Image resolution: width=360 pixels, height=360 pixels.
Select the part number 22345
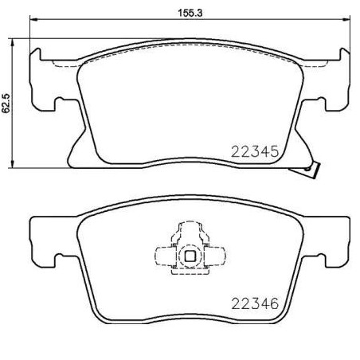tap(253, 151)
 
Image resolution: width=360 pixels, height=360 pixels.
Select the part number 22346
tap(253, 303)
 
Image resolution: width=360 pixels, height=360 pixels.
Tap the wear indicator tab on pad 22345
tap(313, 170)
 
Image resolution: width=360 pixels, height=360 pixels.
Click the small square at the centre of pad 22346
tap(189, 256)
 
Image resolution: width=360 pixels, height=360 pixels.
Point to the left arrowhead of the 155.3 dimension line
tap(33, 22)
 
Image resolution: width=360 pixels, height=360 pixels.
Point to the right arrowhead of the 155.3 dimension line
tap(342, 22)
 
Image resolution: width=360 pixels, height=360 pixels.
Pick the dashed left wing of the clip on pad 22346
tap(164, 256)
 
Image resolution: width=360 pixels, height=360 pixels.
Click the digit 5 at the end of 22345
tap(272, 151)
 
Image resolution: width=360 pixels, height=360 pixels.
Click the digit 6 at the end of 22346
tap(272, 303)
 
